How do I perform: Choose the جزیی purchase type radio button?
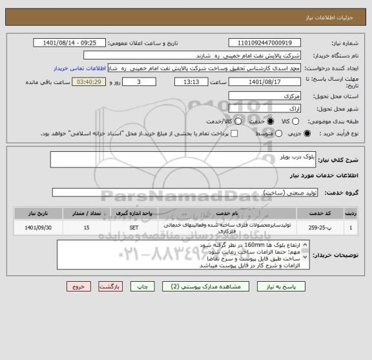point(307,134)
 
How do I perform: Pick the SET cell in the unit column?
point(134,228)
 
